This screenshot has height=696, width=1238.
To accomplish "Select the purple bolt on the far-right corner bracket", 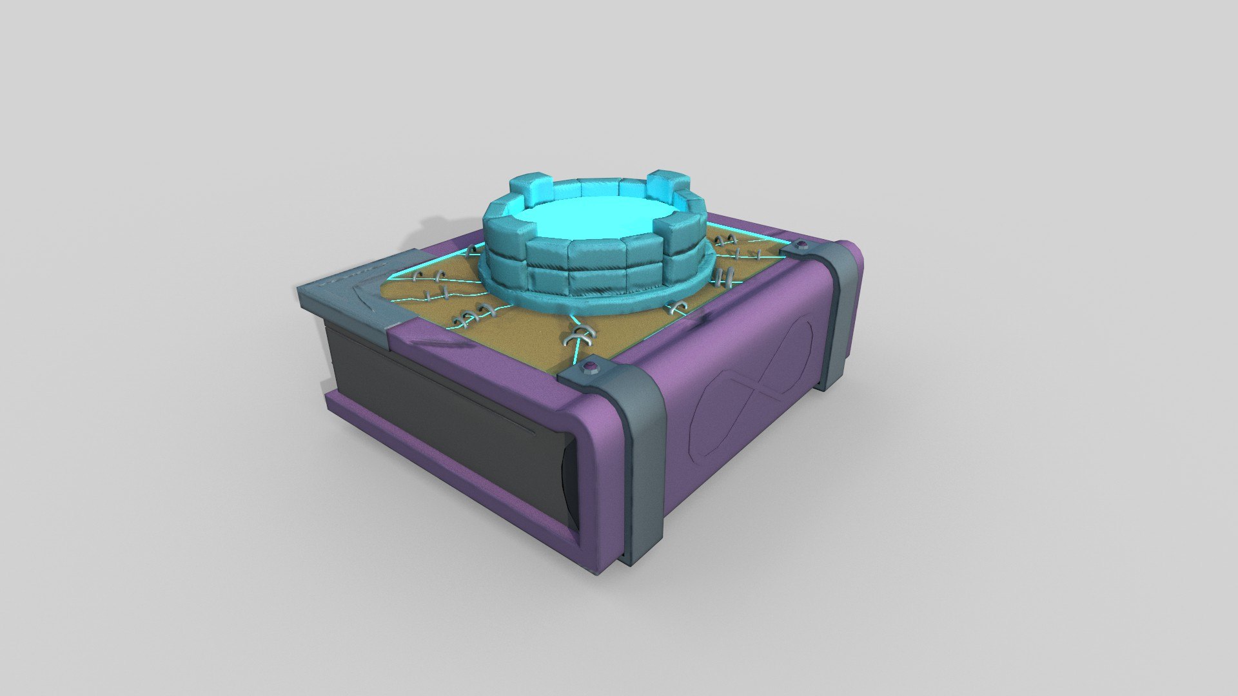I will (x=802, y=244).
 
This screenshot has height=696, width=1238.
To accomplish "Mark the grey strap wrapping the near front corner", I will (x=638, y=451).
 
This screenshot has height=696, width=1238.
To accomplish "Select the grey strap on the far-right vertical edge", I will (x=841, y=309).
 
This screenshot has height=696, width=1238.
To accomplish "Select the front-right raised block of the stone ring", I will (x=683, y=235).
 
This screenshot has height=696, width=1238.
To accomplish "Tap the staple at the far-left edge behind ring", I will (x=475, y=248).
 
